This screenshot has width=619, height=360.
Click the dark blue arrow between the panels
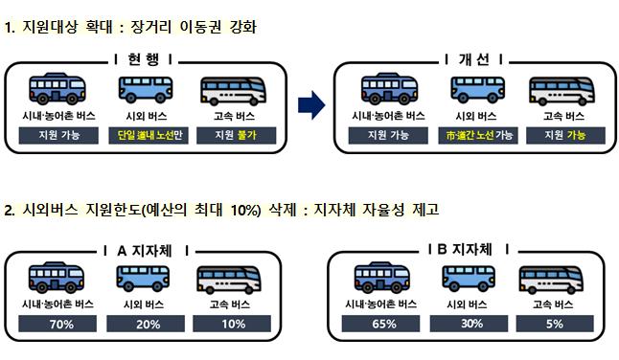point(311,105)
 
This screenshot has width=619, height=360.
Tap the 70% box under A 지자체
point(57,324)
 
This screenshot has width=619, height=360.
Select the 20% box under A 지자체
point(146,324)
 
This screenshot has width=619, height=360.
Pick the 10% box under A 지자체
point(232,324)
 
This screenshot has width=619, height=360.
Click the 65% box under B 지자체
point(381,324)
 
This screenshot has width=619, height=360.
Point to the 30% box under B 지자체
point(469,324)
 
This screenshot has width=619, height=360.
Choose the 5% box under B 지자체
point(555,324)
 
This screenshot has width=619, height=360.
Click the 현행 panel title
point(144,59)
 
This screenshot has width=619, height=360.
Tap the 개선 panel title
point(473,59)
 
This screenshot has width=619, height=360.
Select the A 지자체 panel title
point(145,251)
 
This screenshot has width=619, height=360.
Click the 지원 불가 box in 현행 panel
point(236,135)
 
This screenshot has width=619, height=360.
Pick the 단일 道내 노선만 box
point(149,135)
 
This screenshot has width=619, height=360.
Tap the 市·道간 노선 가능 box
point(478,135)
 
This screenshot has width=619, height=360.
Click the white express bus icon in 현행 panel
point(233,91)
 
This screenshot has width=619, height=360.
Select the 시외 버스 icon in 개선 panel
point(478,89)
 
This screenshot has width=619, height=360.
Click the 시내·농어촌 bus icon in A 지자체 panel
point(57,278)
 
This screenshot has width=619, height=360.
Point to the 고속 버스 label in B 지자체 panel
point(553,304)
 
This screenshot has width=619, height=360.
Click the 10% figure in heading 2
point(245,210)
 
